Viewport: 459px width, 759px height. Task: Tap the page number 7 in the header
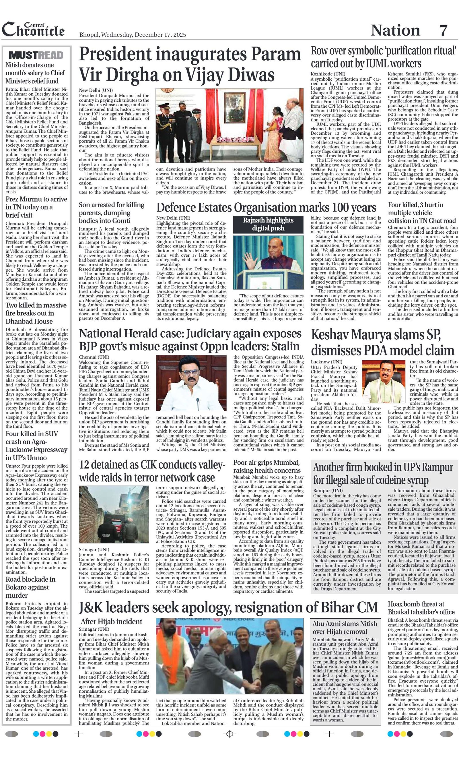click(443, 30)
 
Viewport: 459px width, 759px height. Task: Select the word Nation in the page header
click(395, 30)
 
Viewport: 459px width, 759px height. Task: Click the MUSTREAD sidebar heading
click(36, 55)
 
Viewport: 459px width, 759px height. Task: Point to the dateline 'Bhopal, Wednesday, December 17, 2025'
click(133, 35)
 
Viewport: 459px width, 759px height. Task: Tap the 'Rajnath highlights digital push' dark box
click(268, 224)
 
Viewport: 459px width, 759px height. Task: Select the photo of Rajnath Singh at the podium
click(268, 262)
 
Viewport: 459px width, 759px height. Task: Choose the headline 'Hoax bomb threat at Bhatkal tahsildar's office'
click(421, 608)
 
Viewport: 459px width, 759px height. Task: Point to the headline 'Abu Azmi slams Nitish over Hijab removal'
click(345, 627)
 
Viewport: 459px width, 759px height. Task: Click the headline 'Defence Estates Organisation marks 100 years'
click(266, 208)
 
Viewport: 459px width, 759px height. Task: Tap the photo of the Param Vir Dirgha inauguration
click(229, 125)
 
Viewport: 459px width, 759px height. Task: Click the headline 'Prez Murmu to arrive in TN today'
click(36, 207)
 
